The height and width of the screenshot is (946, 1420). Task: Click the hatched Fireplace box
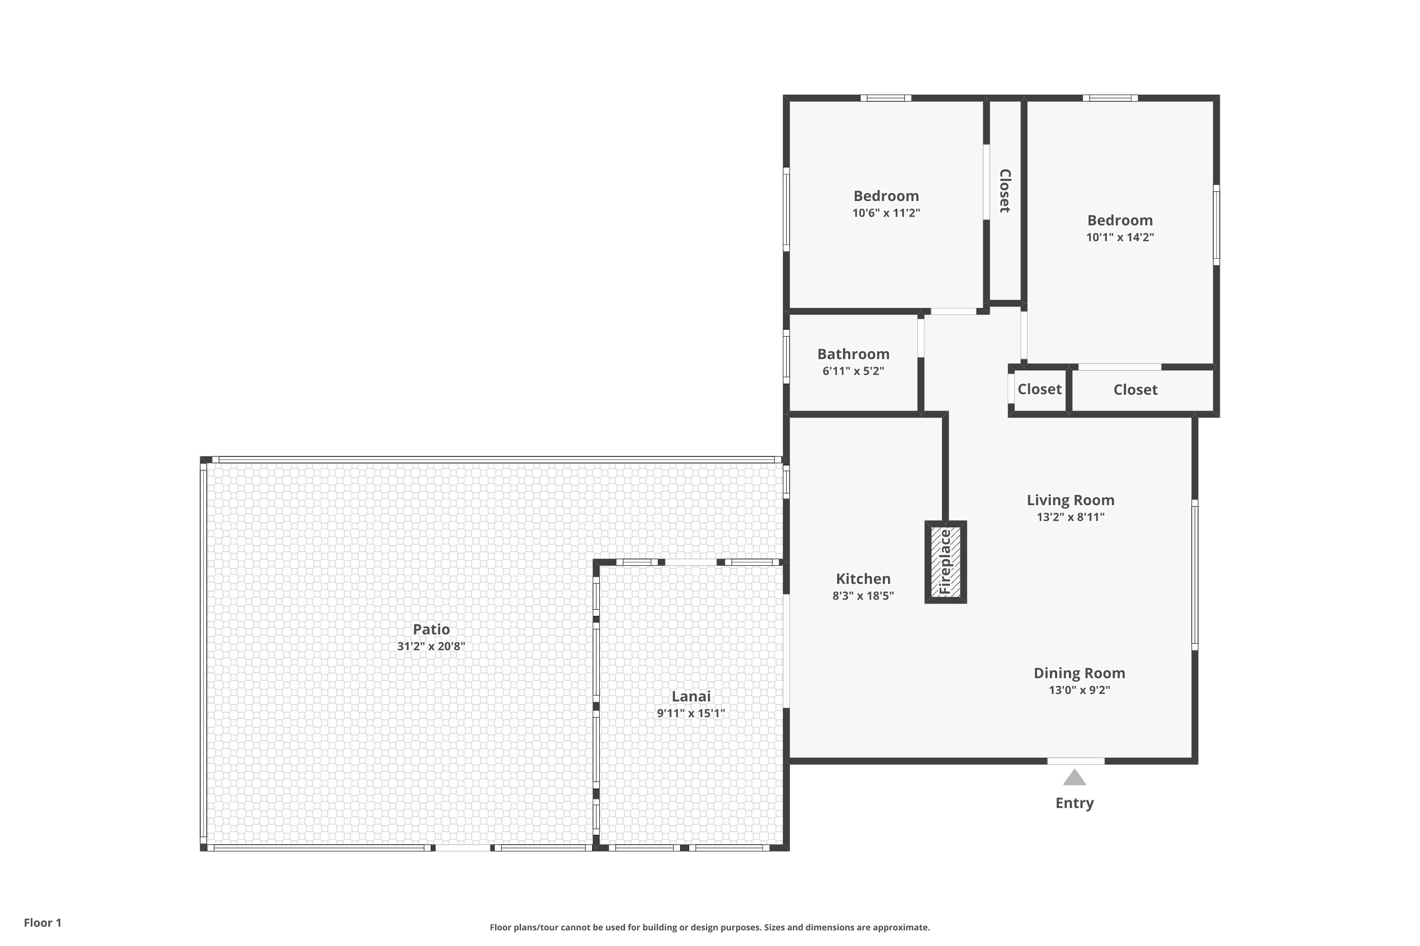click(945, 562)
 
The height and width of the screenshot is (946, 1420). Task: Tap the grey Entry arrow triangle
click(1074, 777)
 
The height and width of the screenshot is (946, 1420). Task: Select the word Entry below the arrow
click(1074, 803)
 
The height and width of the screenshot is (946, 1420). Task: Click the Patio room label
click(431, 629)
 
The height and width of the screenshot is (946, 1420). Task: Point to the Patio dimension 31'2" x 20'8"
click(431, 646)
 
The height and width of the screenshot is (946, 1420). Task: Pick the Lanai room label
click(691, 696)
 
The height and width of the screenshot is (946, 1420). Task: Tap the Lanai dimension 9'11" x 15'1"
click(691, 713)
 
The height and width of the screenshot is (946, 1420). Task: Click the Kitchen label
click(863, 578)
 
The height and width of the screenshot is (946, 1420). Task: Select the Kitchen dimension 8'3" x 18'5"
click(863, 596)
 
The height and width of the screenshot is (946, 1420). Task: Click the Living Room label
click(1070, 500)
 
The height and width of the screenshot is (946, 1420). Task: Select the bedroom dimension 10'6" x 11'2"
click(886, 213)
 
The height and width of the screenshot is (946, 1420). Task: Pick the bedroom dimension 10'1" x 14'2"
click(1120, 237)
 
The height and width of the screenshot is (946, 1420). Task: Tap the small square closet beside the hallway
click(1039, 389)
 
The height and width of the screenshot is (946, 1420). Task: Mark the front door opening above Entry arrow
click(1075, 761)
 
